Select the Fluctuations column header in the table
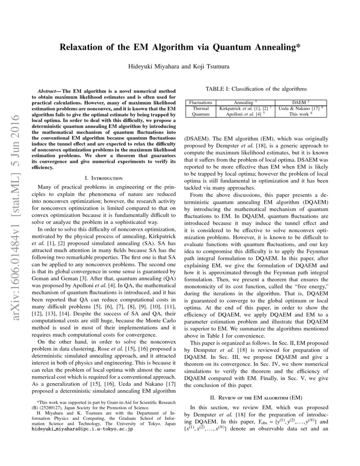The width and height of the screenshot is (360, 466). tap(200, 103)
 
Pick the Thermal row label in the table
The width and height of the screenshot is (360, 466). tap(200, 108)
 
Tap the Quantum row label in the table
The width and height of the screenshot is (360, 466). tap(200, 114)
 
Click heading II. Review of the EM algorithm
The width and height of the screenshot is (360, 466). tap(256, 398)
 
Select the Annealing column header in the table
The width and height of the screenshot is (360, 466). tap(244, 103)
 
